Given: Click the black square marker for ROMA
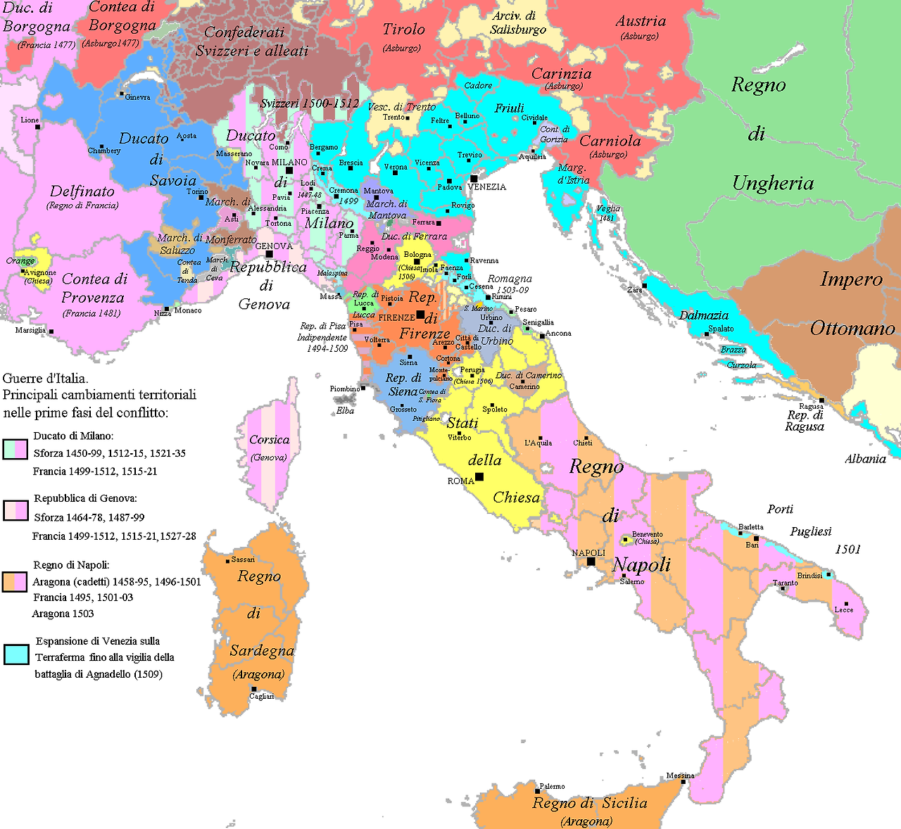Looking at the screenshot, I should (479, 477).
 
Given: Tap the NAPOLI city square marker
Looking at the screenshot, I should (591, 561).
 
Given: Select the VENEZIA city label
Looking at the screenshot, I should (487, 187).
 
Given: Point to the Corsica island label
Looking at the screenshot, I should (269, 440).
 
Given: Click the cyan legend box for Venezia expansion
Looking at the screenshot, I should (15, 654).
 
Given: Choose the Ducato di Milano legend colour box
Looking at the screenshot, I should (15, 448).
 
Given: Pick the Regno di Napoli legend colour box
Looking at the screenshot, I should (15, 582).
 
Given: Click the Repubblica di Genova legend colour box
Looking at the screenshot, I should (15, 510).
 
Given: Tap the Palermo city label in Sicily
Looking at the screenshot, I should (552, 786).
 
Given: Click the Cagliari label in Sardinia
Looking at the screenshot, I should (261, 696).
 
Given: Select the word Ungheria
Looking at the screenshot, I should (773, 184).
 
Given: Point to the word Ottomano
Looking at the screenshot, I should (852, 329).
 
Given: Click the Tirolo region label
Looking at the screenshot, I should (403, 30).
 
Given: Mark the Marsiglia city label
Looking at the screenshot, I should (30, 330).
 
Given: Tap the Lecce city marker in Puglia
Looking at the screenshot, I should (846, 604).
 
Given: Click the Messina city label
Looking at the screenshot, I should (680, 776).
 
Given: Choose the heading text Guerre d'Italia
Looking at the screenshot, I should (46, 379).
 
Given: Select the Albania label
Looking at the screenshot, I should (865, 459).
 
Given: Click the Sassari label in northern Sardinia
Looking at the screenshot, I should (243, 559).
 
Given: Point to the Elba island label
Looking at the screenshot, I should (345, 410).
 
